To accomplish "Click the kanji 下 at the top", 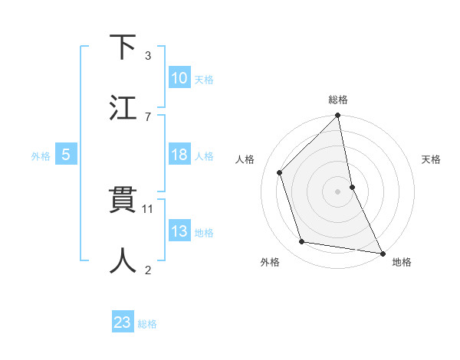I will (123, 47).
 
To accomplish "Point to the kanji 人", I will (123, 260).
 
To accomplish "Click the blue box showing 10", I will (179, 78).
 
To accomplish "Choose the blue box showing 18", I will (179, 155).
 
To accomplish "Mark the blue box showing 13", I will (179, 231).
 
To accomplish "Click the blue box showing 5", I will (66, 155).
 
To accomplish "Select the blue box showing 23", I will (123, 322).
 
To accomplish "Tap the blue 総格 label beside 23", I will (147, 324).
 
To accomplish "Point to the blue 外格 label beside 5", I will (41, 156).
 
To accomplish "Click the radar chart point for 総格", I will (337, 116).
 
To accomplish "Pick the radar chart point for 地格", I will (382, 253).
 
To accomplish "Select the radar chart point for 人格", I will (280, 172).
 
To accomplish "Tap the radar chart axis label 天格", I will (432, 160).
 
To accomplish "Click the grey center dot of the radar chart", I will (337, 191).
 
